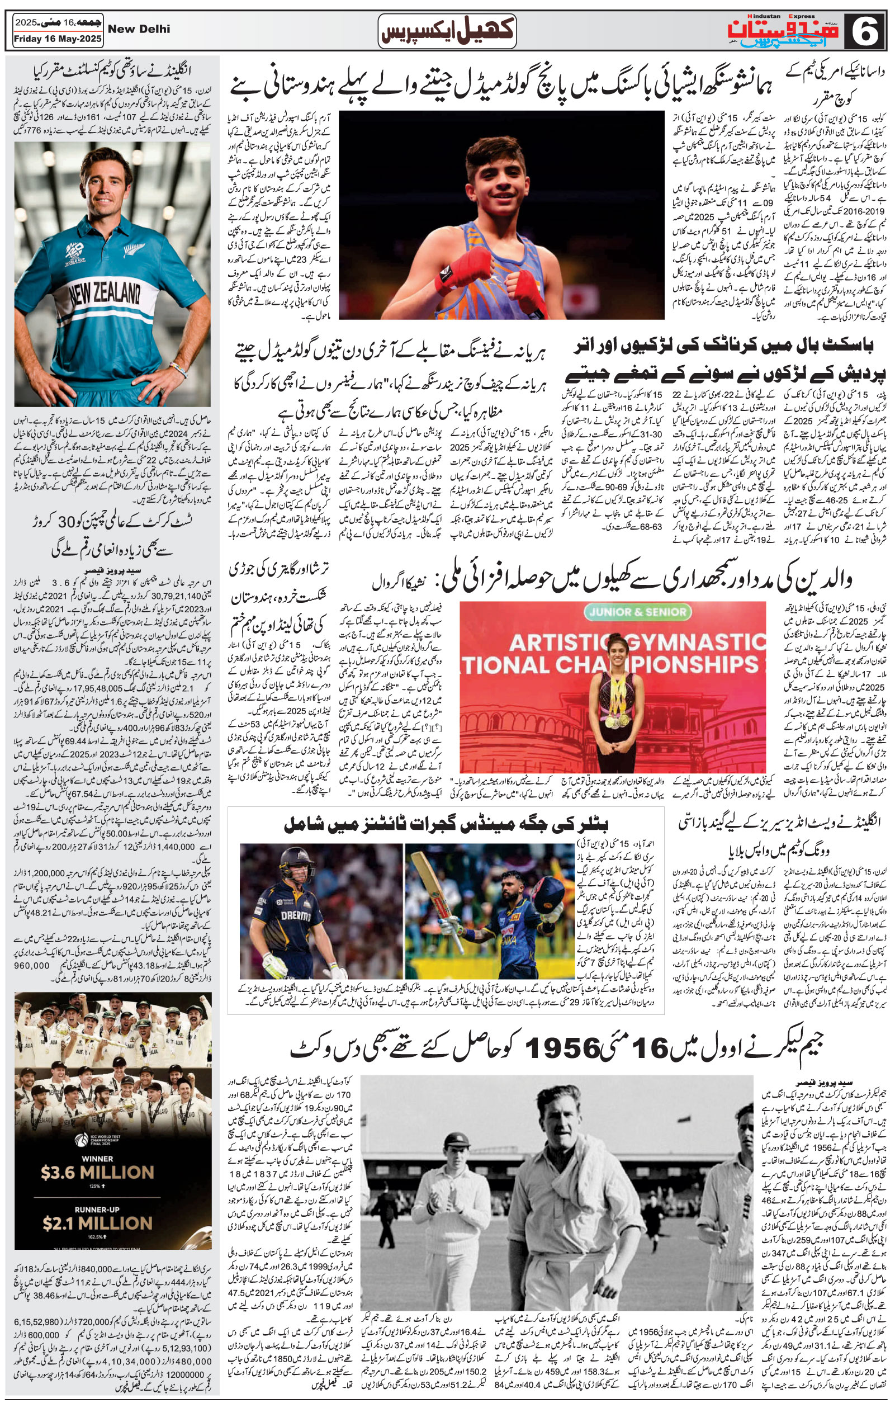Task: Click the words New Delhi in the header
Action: tap(139, 29)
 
